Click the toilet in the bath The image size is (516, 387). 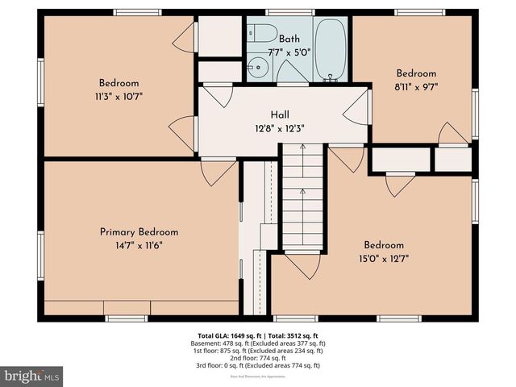(260, 35)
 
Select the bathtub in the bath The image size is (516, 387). (329, 48)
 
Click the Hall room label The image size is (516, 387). (280, 115)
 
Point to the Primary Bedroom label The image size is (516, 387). (139, 232)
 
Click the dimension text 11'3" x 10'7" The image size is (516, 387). (119, 97)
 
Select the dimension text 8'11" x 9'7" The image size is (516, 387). (416, 86)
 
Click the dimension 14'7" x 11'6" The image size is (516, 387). (139, 246)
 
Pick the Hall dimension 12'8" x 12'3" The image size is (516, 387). (280, 128)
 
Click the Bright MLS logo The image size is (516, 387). (32, 375)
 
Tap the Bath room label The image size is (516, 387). (289, 38)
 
